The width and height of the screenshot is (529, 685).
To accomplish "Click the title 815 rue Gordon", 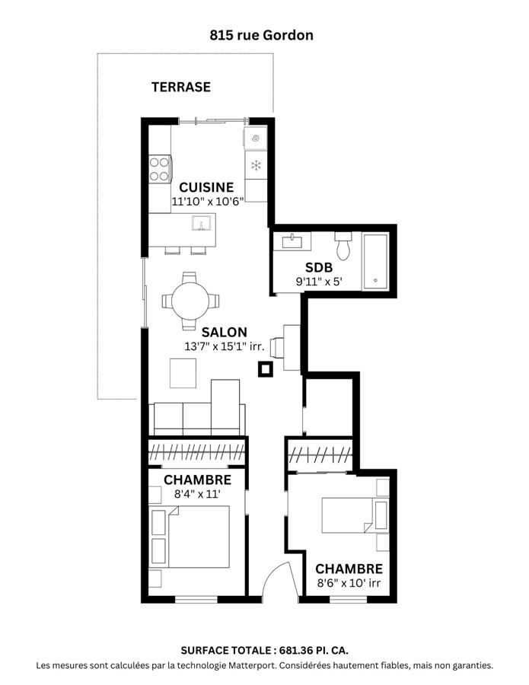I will [261, 35].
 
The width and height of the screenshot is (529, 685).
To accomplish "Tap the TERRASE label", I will [180, 87].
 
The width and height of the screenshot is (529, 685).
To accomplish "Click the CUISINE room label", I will [206, 187].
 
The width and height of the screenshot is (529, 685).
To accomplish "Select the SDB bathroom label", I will [318, 268].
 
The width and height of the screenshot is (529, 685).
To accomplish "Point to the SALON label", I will [224, 332].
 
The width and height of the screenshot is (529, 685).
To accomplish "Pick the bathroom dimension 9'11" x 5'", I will [319, 282].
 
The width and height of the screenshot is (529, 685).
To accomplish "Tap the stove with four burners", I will [159, 168].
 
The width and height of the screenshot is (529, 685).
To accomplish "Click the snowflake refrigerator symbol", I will [257, 165].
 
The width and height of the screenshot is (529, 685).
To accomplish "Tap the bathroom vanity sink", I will [292, 242].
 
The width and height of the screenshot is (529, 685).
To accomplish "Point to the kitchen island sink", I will [203, 223].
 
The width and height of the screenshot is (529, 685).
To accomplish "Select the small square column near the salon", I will [265, 370].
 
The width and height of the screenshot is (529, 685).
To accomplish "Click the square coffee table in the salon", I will [183, 373].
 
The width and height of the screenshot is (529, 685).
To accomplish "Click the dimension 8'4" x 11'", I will [196, 494].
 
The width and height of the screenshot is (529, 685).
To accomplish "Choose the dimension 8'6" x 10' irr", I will [349, 584].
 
